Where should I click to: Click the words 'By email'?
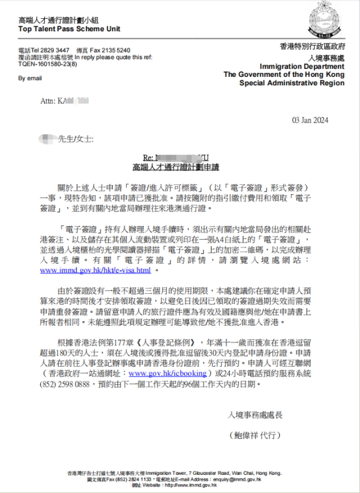31,78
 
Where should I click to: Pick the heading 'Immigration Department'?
294,66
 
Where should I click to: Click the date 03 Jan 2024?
310,120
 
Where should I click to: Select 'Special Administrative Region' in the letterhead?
285,83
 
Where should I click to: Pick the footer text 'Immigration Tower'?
162,473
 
